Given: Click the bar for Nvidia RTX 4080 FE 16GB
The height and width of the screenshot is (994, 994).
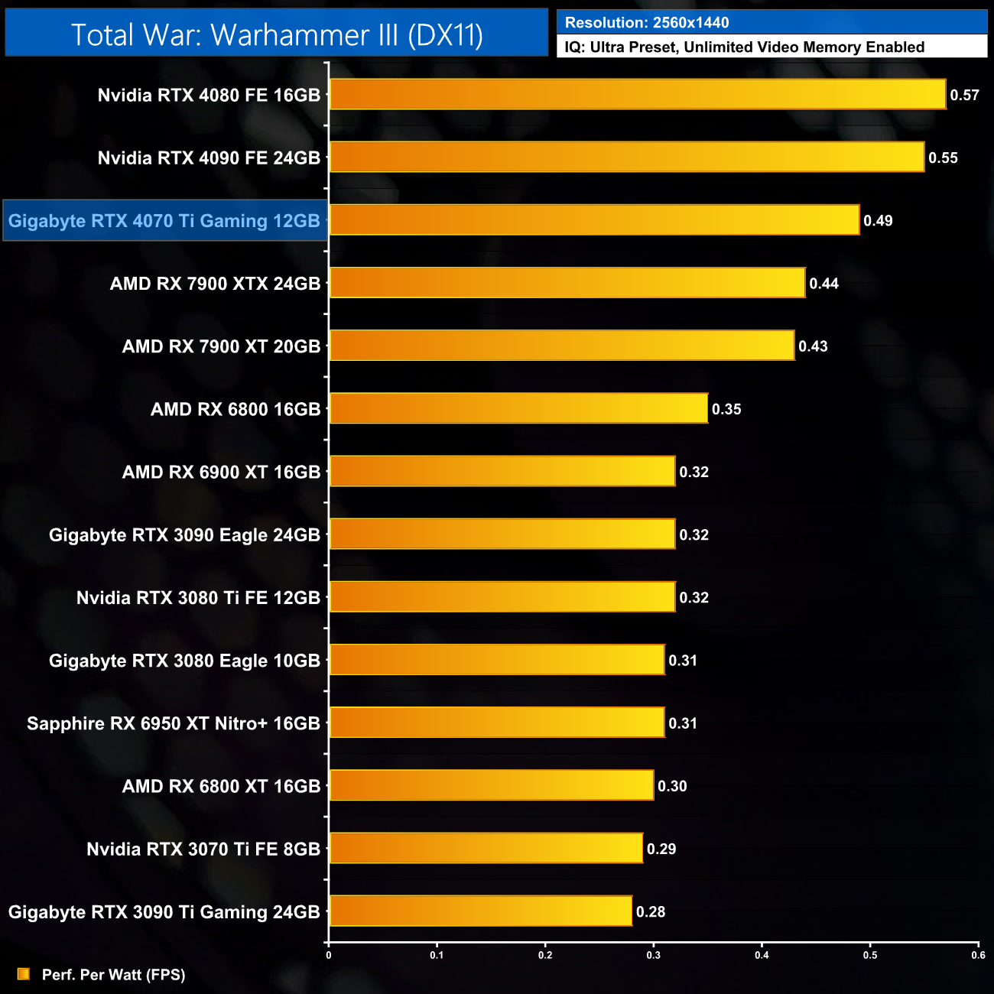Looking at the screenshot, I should [637, 94].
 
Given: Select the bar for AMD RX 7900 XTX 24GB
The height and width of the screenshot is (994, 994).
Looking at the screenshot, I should [567, 283].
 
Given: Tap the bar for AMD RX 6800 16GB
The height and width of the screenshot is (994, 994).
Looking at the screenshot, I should [518, 408].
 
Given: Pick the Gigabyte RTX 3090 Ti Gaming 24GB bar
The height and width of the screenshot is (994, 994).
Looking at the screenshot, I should [480, 911].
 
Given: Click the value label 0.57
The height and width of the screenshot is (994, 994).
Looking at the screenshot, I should [964, 95].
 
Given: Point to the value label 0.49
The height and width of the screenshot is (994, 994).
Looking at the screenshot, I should [878, 221].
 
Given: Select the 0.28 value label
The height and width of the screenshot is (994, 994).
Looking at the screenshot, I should [651, 911].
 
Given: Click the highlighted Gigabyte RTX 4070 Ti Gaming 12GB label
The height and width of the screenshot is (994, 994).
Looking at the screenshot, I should [164, 221].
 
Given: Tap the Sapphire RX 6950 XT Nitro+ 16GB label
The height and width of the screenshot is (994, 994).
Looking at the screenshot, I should [174, 723].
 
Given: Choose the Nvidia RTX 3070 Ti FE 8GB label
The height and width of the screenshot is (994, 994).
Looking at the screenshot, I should [203, 849].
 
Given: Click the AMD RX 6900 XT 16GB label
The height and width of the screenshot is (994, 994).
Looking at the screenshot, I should [221, 472].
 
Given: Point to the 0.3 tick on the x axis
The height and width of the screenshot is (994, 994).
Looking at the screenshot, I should [654, 955].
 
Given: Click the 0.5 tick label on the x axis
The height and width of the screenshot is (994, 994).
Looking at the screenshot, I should [870, 955].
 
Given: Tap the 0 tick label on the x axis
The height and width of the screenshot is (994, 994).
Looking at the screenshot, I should [329, 955].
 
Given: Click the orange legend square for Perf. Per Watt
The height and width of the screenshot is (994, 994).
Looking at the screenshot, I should [24, 974].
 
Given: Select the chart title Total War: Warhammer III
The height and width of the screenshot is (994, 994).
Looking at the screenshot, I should [277, 34].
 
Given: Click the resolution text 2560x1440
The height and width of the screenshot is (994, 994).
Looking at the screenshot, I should [690, 23].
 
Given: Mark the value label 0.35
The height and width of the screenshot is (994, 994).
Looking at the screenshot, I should [726, 409].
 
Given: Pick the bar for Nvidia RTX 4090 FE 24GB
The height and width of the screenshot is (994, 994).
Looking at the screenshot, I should [626, 157].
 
